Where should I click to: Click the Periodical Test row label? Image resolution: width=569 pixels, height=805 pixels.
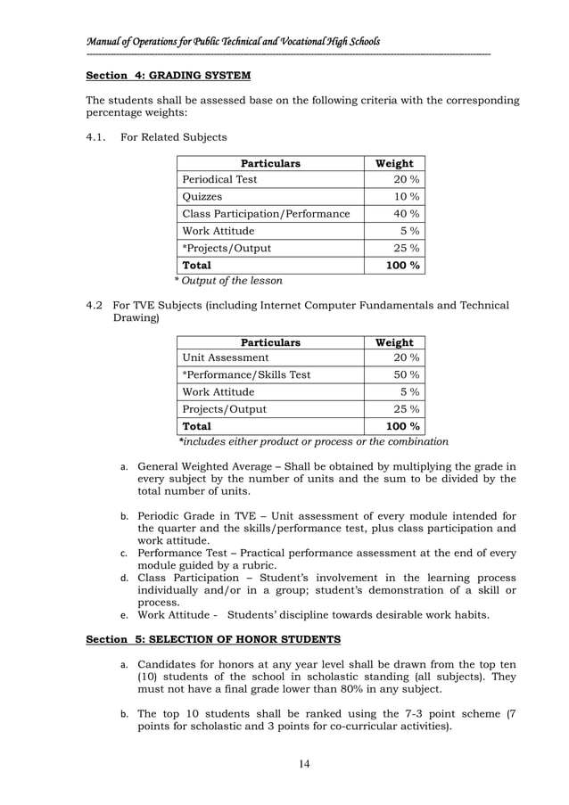[219, 179]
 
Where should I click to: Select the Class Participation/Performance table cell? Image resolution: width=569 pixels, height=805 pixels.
[266, 214]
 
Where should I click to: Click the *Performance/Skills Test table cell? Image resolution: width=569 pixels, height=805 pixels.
[246, 375]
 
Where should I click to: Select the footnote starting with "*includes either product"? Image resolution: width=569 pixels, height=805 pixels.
[313, 442]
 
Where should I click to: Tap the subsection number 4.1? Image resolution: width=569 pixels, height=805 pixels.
[95, 137]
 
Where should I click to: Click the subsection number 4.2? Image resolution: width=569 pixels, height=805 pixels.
[95, 306]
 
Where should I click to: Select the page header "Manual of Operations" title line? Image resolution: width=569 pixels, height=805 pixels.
[233, 42]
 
